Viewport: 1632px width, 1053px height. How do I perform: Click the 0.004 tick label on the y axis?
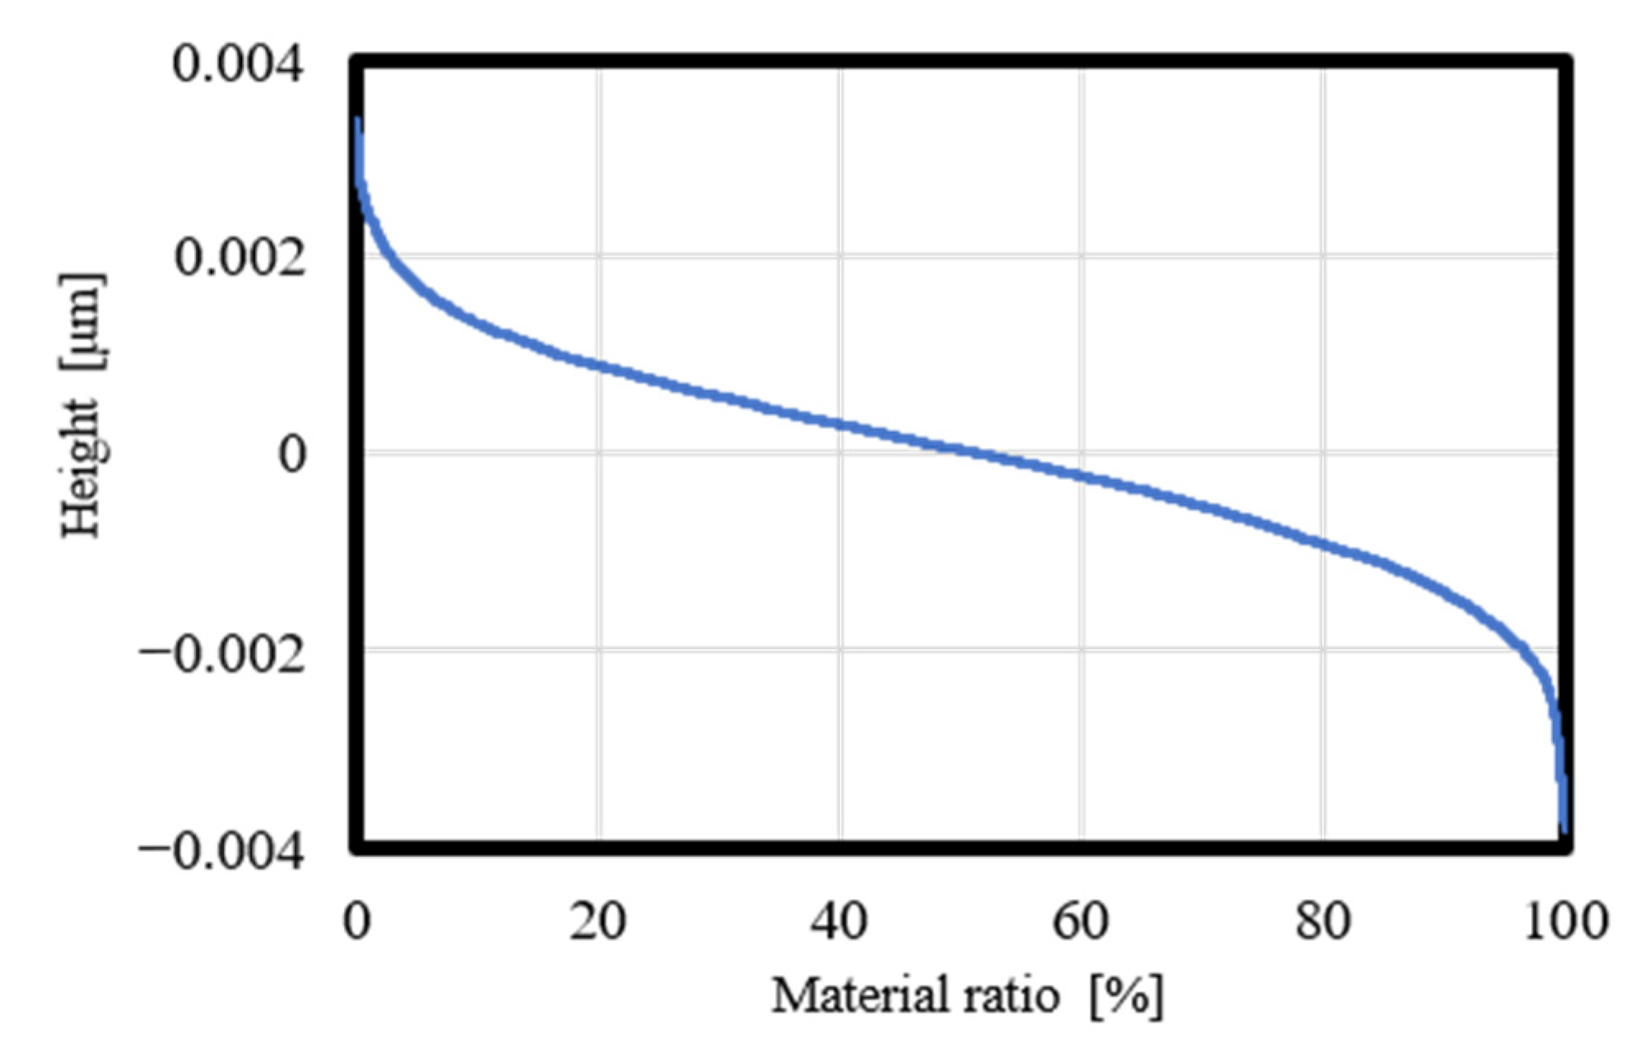pos(238,63)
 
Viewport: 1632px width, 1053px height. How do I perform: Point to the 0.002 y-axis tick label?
pos(239,258)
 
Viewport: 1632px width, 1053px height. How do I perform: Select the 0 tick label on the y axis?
pos(292,454)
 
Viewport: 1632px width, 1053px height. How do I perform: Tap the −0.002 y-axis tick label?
pos(222,656)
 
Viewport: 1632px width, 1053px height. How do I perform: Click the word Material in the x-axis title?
pos(853,995)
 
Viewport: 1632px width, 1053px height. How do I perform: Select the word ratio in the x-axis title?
pos(1011,995)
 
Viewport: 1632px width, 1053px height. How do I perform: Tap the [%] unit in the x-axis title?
pos(1126,997)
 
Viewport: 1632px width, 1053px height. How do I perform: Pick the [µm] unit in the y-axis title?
pos(82,320)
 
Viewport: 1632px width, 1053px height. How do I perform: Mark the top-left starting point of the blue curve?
pos(357,120)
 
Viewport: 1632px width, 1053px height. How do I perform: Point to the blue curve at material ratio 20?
pos(599,366)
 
